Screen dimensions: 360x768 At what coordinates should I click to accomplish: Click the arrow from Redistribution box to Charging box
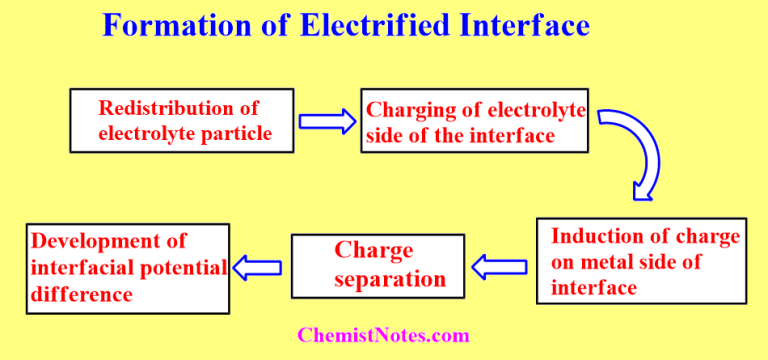[327, 121]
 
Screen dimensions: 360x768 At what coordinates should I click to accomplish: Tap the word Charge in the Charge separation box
[373, 251]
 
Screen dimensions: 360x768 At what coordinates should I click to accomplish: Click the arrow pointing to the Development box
[259, 267]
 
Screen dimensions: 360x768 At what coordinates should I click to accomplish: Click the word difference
[82, 294]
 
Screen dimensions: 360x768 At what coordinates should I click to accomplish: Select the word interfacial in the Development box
[83, 267]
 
